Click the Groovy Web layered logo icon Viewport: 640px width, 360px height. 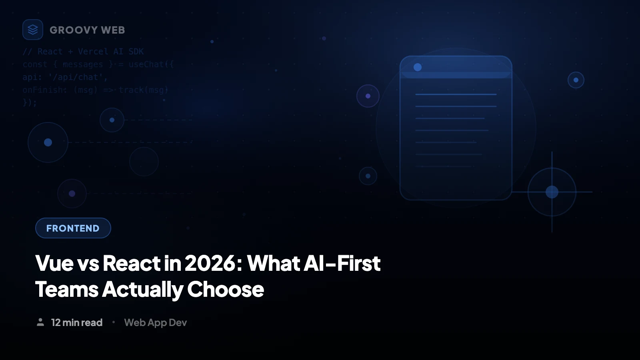(33, 30)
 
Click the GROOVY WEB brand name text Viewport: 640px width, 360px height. (87, 30)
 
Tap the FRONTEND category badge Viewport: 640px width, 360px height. (73, 228)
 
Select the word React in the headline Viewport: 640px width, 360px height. (132, 263)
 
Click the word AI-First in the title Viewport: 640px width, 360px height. (342, 263)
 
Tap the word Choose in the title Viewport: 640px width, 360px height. (226, 289)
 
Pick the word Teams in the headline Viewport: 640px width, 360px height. (67, 289)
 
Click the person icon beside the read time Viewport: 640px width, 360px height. (40, 322)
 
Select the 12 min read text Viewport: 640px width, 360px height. (77, 322)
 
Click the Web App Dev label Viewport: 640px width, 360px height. (156, 322)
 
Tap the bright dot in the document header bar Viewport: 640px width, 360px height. (418, 67)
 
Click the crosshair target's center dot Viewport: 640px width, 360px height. (552, 192)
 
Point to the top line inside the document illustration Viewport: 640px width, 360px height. (456, 94)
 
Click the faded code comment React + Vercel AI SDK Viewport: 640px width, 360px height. (83, 52)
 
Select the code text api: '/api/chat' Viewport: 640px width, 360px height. (65, 77)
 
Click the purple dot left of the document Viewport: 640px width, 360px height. (368, 96)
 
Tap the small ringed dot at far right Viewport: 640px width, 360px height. (576, 80)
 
